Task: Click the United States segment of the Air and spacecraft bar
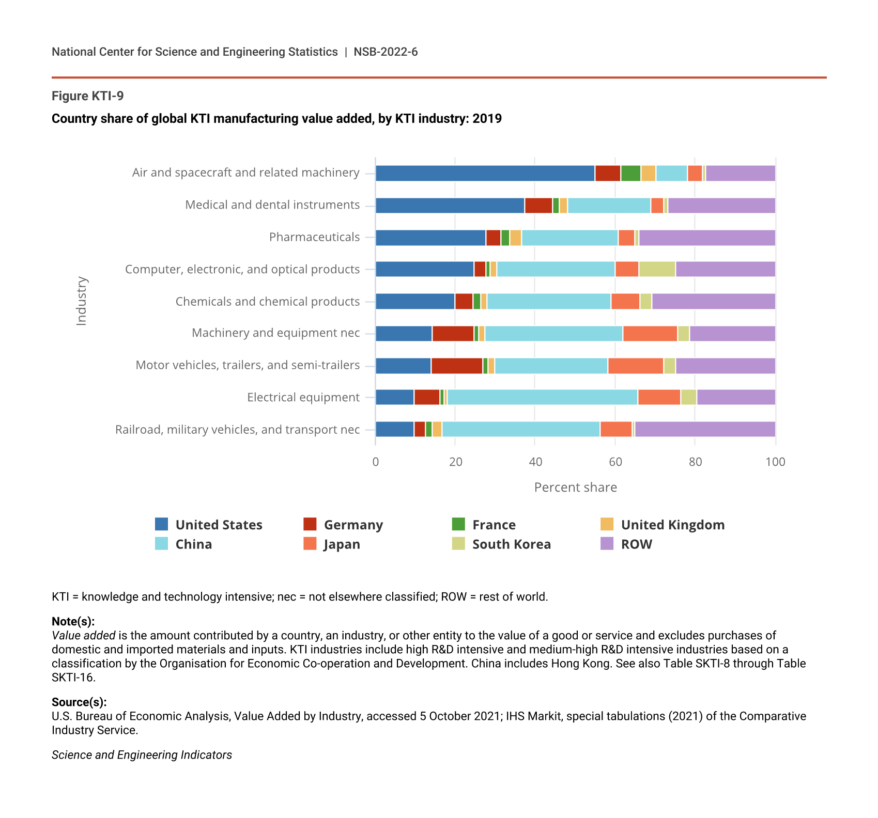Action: click(485, 174)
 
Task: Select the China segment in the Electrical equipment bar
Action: click(542, 397)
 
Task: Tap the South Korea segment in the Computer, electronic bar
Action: click(657, 269)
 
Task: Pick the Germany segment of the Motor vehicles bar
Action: click(457, 366)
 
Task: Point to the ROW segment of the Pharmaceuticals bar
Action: click(707, 238)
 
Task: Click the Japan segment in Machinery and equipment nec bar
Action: click(650, 334)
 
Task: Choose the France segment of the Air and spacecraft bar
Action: click(630, 174)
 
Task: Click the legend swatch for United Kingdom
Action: click(607, 524)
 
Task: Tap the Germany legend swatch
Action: click(310, 524)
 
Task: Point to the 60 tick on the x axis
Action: click(615, 462)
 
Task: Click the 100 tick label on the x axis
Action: click(775, 462)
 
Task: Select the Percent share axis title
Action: click(575, 487)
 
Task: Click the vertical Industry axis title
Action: click(82, 301)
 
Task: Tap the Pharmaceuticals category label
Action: click(314, 237)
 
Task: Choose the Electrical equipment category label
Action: click(303, 397)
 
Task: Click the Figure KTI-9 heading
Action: click(88, 96)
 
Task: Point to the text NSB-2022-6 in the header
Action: click(386, 52)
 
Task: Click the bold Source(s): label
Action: click(79, 702)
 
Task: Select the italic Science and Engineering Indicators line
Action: click(142, 755)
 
